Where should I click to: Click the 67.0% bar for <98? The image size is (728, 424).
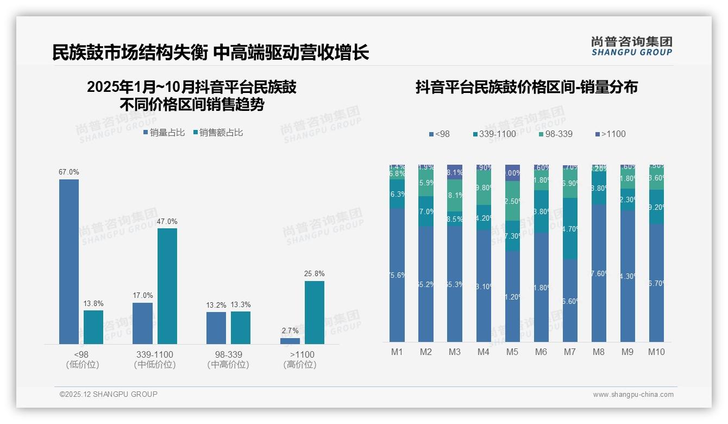pos(69,261)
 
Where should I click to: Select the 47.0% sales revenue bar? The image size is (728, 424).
pos(167,286)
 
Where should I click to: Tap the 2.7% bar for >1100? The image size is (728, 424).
pos(290,341)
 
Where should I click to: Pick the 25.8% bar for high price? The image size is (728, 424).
pos(315,313)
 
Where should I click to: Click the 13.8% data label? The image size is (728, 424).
pos(93,303)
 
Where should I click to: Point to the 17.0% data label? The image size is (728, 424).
pos(143,296)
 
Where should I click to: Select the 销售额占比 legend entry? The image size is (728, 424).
pos(218,132)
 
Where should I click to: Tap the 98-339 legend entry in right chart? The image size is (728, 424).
pos(555,134)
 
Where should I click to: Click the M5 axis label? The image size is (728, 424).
pos(512,352)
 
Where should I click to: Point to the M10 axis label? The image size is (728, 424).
pos(656,352)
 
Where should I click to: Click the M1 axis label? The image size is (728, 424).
pos(397,352)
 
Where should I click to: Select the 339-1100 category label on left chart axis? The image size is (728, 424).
pos(155,354)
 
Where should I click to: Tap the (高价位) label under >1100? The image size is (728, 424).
pos(300,365)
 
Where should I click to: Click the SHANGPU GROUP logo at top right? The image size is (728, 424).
pos(631,46)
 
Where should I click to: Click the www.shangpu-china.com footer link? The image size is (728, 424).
pos(633,395)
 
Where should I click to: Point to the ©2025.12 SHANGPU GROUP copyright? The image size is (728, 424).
pos(109,394)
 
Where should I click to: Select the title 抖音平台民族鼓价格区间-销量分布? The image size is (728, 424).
pos(526,88)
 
